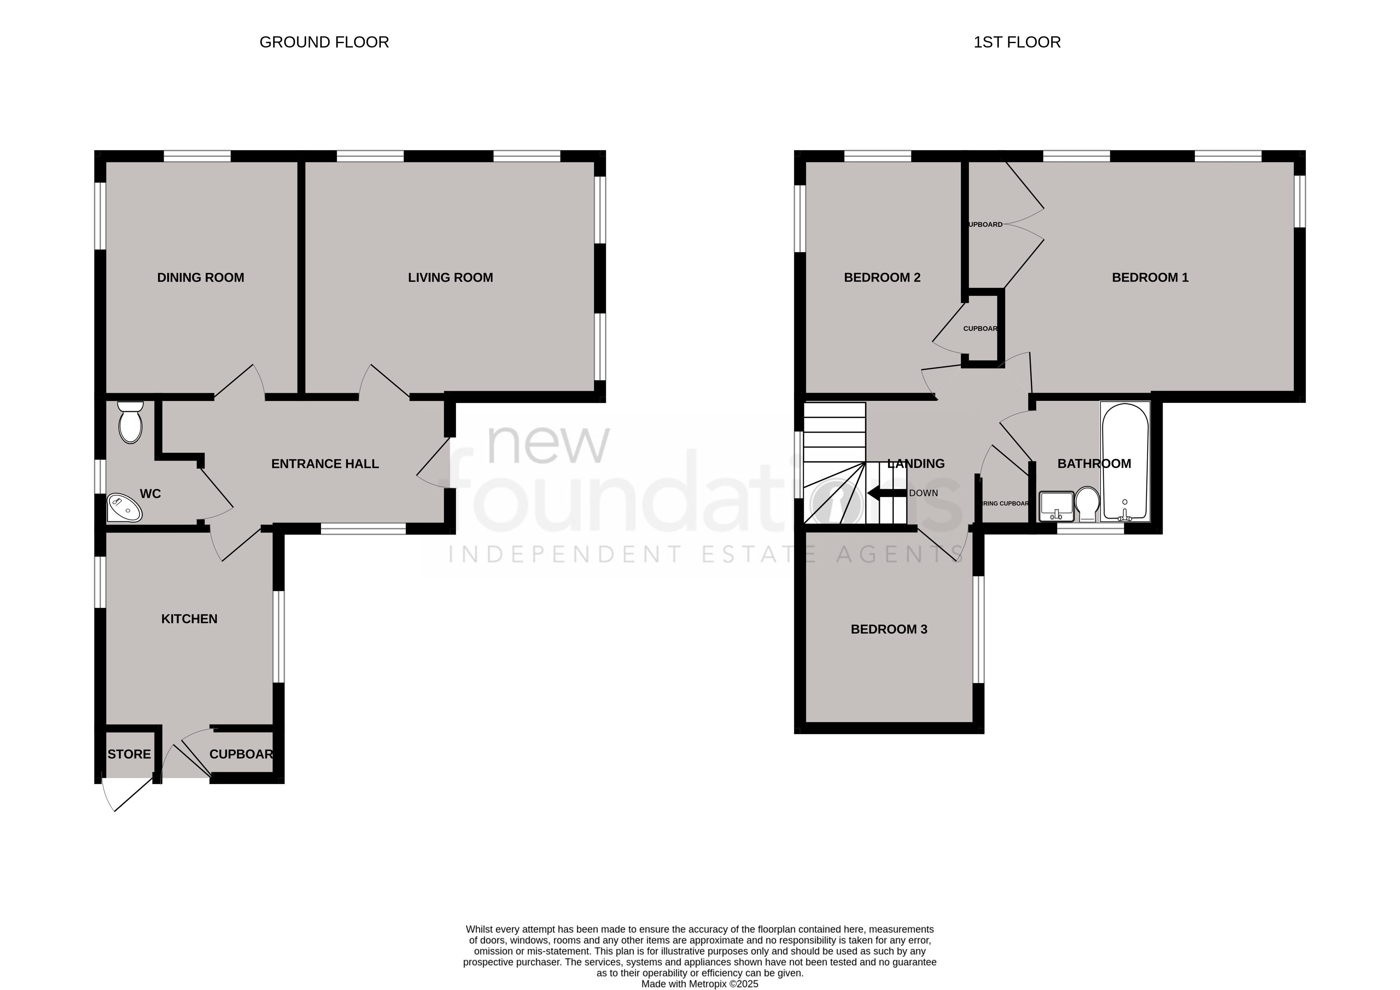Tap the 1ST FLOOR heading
1016,42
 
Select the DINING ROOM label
201,277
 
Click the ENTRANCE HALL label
325,464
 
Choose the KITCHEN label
189,619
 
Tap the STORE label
129,754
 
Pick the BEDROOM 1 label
1150,277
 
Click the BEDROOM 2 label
882,277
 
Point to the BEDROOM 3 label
888,629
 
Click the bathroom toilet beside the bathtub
1087,503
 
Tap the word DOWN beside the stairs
923,493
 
